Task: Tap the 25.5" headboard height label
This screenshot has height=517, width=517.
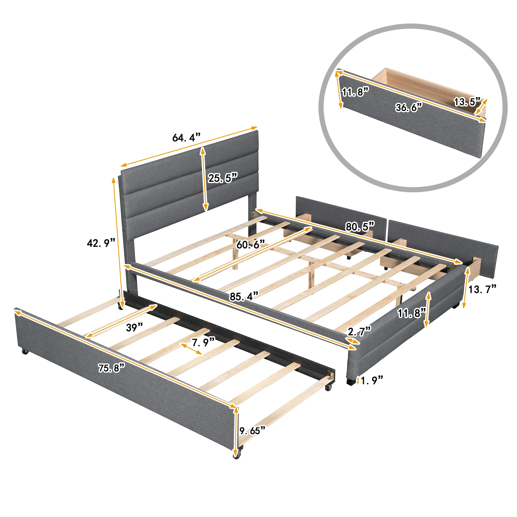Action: click(x=223, y=178)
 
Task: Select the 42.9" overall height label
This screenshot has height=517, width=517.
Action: click(x=101, y=243)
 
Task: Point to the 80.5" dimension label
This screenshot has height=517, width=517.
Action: click(x=360, y=227)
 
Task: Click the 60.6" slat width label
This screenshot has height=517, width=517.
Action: click(x=250, y=244)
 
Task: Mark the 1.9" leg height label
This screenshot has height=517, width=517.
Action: click(x=372, y=380)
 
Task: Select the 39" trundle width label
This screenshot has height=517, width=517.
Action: click(x=134, y=327)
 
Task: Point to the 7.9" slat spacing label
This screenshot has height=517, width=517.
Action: click(x=203, y=342)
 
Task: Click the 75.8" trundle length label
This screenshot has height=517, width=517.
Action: click(x=111, y=368)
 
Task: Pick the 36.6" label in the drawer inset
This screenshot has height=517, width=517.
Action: click(x=409, y=108)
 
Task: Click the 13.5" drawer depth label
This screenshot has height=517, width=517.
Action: click(x=467, y=102)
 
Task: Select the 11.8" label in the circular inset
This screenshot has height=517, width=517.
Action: click(x=355, y=92)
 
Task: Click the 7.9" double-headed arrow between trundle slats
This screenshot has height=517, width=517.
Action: click(x=191, y=349)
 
